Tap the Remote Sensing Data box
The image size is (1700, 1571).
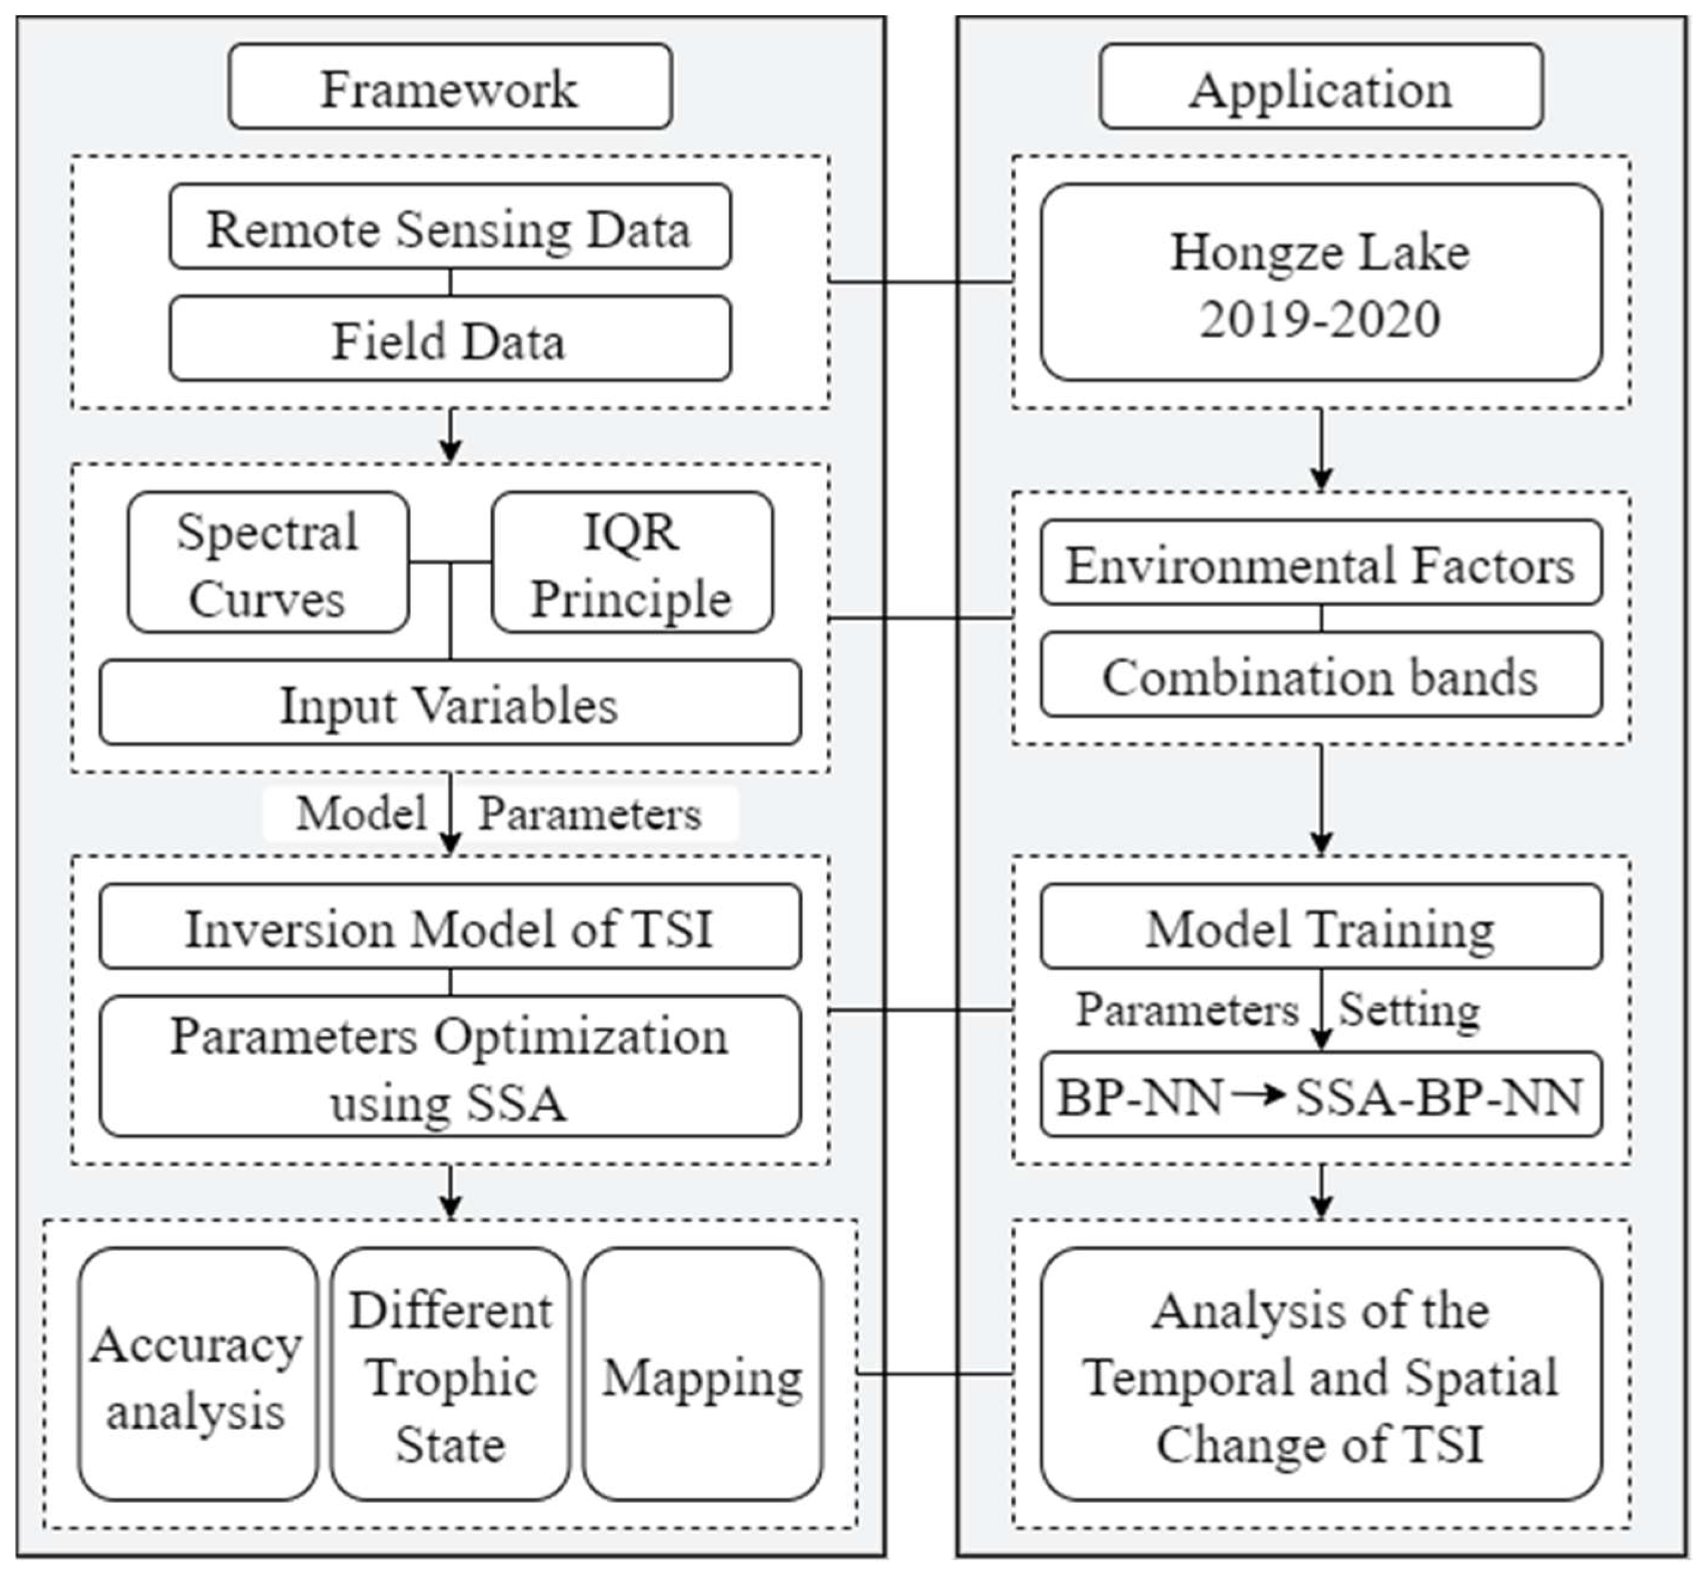[450, 228]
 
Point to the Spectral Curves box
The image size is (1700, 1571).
[268, 563]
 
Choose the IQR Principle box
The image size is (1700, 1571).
[632, 563]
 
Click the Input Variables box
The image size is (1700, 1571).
[450, 703]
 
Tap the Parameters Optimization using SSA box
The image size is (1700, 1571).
[450, 1067]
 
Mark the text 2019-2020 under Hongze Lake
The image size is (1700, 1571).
[1320, 319]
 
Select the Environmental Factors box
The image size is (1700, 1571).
[1320, 564]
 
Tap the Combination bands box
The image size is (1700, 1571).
[1320, 676]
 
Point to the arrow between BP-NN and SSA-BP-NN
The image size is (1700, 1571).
[1258, 1094]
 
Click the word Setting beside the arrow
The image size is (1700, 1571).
[1409, 1010]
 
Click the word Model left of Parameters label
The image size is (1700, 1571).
[362, 813]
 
